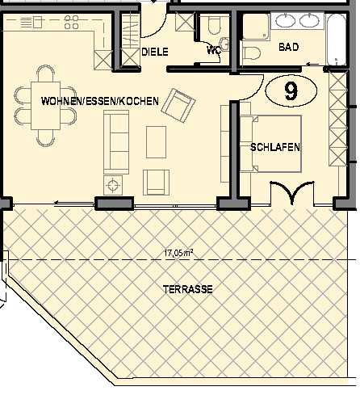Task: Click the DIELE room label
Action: click(155, 52)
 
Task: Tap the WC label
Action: click(214, 50)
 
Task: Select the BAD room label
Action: click(289, 47)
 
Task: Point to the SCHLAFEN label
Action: click(275, 147)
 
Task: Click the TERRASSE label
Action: click(188, 289)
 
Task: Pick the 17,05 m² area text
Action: click(178, 253)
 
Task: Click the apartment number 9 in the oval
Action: click(291, 91)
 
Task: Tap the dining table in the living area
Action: click(45, 106)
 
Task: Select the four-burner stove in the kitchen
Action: click(71, 22)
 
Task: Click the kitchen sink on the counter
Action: click(31, 22)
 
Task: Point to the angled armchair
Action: click(178, 106)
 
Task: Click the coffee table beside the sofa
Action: click(156, 142)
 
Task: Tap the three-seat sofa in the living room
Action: click(116, 142)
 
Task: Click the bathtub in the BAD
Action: click(336, 40)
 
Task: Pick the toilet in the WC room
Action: click(214, 26)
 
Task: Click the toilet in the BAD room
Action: click(252, 53)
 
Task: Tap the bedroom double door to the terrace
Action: click(292, 192)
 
